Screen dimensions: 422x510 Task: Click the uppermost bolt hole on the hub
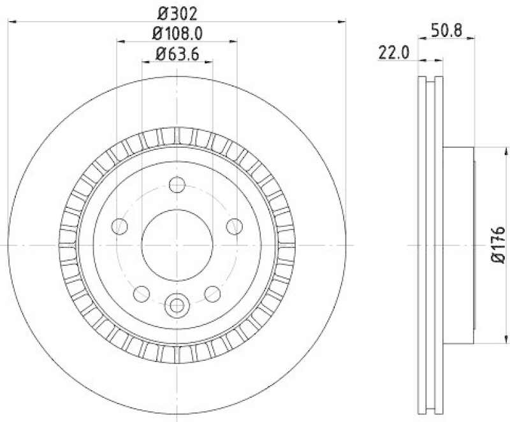tap(177, 186)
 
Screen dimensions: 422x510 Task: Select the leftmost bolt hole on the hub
tap(119, 226)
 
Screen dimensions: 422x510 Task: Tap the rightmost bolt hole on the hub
tap(235, 226)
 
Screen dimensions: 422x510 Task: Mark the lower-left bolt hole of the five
tap(142, 294)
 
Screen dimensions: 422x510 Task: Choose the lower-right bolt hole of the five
tap(212, 294)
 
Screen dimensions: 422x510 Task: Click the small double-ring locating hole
tap(177, 305)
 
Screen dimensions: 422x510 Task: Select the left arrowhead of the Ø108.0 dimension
tap(121, 41)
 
